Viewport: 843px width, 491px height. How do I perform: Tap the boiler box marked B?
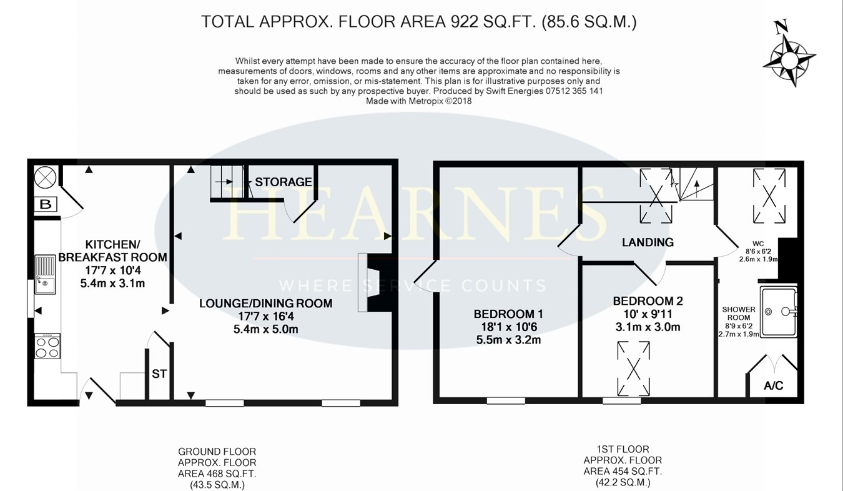click(45, 204)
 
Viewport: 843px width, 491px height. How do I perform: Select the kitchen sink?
click(46, 274)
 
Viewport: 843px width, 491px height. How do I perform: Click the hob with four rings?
click(49, 346)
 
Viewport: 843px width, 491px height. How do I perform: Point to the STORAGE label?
click(283, 182)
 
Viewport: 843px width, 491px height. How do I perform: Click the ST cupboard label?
click(159, 374)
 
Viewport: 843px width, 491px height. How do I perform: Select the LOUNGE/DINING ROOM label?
click(265, 304)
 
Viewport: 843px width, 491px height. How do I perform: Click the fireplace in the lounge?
click(375, 282)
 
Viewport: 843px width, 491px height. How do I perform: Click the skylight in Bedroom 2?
click(633, 369)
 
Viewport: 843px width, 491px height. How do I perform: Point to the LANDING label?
click(648, 242)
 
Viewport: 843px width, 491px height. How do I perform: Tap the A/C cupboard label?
click(773, 385)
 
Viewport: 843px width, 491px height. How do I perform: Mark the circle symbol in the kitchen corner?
click(45, 177)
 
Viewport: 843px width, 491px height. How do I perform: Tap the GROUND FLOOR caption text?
click(217, 452)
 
